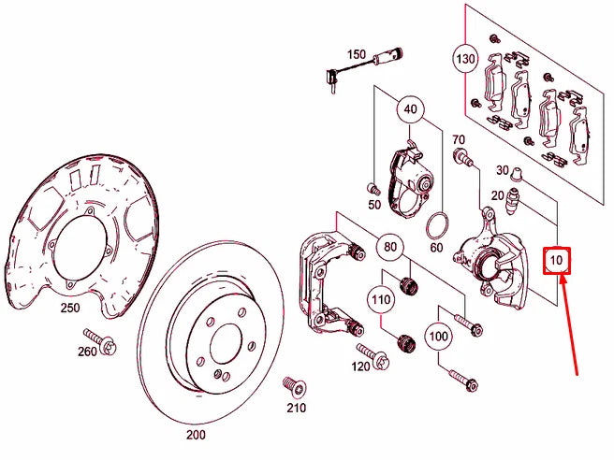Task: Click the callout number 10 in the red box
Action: (559, 259)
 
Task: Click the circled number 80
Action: (390, 248)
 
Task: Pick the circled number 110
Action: (380, 301)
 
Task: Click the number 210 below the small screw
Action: (296, 408)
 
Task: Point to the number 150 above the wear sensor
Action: (357, 54)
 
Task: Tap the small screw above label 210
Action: (291, 384)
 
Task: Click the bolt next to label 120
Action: (377, 356)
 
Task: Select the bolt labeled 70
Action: (461, 160)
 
